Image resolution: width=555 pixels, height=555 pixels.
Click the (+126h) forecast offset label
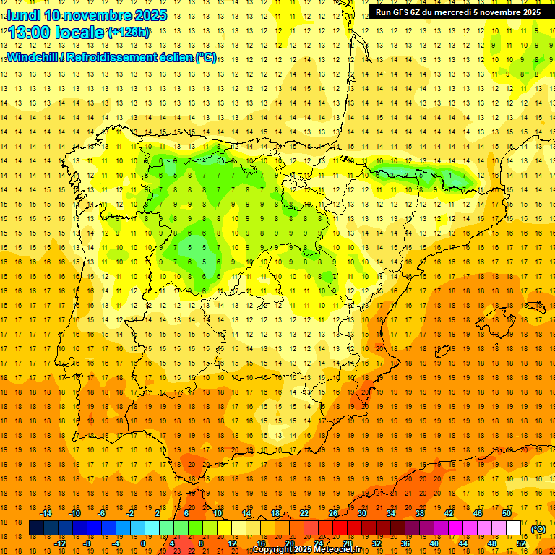click(129, 32)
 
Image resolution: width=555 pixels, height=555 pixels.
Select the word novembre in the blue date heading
click(101, 15)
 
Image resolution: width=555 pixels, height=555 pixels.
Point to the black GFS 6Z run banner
click(457, 12)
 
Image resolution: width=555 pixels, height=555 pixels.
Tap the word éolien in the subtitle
click(170, 57)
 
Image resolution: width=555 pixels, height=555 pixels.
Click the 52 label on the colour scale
click(521, 543)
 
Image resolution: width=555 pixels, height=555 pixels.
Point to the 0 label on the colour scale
click(143, 543)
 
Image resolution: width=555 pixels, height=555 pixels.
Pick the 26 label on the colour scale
click(333, 513)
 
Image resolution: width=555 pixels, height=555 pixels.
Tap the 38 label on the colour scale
click(420, 513)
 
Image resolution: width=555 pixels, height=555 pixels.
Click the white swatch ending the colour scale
click(514, 528)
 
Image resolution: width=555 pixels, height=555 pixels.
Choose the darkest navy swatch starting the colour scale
click(36, 528)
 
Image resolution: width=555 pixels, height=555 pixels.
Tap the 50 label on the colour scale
click(507, 513)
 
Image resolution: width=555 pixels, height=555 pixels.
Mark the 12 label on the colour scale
click(232, 543)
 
